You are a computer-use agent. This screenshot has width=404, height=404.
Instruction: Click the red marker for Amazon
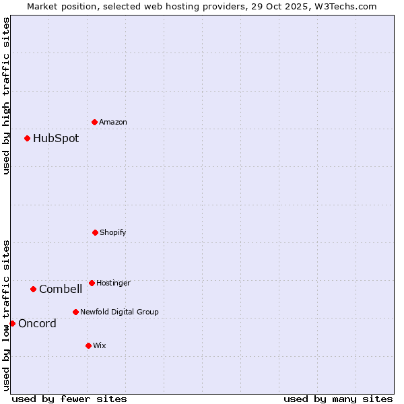tap(95, 122)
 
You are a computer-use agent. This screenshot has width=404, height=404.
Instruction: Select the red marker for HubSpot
tap(28, 138)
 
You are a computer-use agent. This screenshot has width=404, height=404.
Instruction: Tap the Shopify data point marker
tap(95, 232)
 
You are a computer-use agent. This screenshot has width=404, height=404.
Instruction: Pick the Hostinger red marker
tap(92, 283)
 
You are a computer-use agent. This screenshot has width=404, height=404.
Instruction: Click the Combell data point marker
tap(33, 289)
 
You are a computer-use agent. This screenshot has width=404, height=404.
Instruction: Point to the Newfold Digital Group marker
tap(75, 312)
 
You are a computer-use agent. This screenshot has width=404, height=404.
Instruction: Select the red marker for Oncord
tap(12, 323)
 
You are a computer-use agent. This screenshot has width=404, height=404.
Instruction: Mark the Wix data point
tap(88, 345)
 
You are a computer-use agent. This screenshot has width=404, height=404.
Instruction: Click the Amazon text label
tap(113, 122)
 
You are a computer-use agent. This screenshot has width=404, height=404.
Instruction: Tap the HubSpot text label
tap(56, 138)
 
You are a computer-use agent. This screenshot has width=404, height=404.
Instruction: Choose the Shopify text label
tap(113, 232)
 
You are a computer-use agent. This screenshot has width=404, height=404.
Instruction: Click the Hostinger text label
tap(113, 283)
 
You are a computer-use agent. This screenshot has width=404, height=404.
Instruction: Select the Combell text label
tap(61, 289)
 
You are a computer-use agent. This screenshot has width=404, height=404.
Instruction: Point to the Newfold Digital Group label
tap(119, 312)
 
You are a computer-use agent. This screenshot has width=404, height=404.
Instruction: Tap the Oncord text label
tap(37, 323)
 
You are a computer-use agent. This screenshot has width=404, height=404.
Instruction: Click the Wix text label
tap(100, 345)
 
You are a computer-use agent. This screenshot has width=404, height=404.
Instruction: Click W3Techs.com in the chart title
tap(343, 6)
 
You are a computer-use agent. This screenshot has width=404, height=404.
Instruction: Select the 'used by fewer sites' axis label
tap(69, 399)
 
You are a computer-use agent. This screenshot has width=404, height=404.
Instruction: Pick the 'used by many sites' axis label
tap(338, 399)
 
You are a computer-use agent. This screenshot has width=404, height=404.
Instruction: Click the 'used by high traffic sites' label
tap(6, 96)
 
